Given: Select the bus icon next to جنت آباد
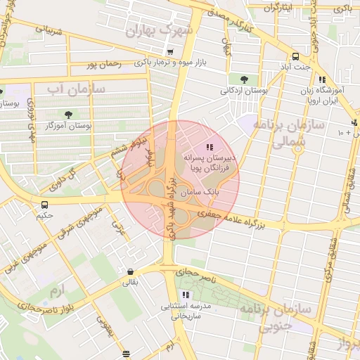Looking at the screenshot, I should pos(295,58).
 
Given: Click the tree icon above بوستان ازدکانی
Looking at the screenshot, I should pos(244,79).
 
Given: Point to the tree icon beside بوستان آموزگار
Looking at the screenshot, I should pos(68,115).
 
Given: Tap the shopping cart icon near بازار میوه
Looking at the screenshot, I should pos(170,52).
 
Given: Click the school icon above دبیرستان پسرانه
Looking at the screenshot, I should pos(208,147).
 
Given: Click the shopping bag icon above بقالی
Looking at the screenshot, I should pos(131,271).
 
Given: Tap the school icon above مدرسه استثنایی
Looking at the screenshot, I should pos(186,295).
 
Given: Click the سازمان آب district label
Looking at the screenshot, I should pos(77,90).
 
